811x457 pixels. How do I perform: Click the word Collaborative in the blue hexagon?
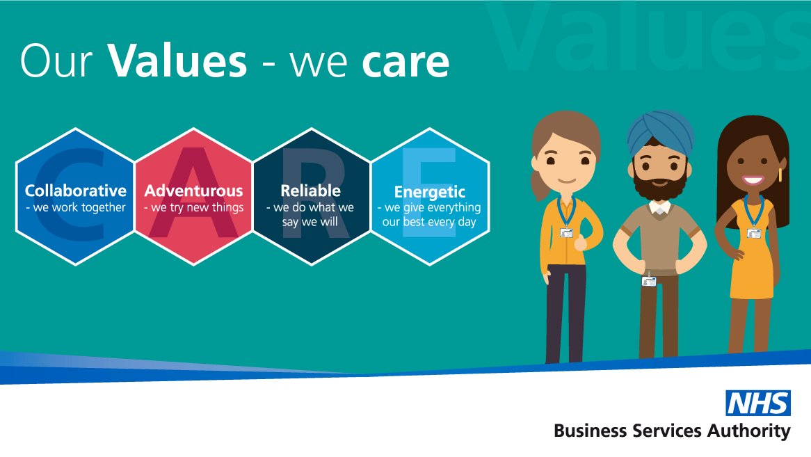(x=76, y=191)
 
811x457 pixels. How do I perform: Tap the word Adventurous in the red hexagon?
(x=193, y=191)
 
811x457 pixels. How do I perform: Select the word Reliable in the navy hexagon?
(x=310, y=191)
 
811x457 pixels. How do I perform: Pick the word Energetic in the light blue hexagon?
(x=429, y=192)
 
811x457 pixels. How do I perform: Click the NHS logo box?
(x=757, y=403)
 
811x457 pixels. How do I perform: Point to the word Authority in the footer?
(x=750, y=431)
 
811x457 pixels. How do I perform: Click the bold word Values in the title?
(x=177, y=61)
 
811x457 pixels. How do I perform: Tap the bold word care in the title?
(x=405, y=63)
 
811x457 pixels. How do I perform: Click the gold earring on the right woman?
(x=780, y=175)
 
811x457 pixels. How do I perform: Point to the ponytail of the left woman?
(x=536, y=184)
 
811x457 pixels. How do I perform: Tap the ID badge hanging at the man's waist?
(x=649, y=281)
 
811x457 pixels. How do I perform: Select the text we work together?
(x=76, y=207)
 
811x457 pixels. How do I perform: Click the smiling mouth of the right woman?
(x=753, y=179)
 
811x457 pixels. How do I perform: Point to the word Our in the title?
(x=56, y=61)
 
